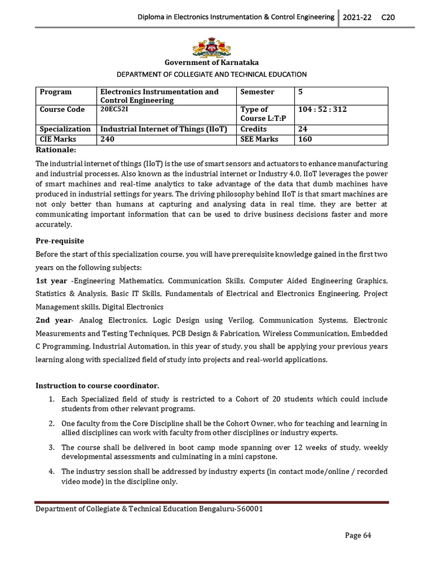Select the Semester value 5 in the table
(x=301, y=92)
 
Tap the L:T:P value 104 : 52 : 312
(x=322, y=110)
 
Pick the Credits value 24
(x=303, y=129)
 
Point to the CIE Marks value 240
(x=107, y=139)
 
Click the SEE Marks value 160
(x=305, y=139)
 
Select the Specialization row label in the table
(x=65, y=129)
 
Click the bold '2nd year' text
(x=54, y=321)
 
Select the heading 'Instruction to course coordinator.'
(x=97, y=386)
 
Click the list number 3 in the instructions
(x=50, y=448)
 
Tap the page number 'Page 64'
(x=357, y=536)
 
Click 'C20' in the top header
(x=388, y=17)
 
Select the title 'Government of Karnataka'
(x=211, y=63)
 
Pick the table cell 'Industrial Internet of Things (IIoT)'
(x=163, y=129)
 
